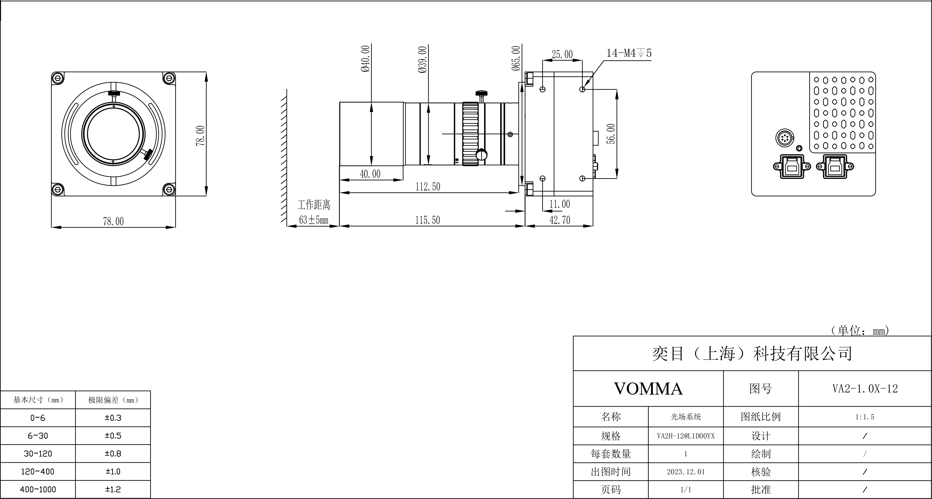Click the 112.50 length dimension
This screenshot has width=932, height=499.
click(x=428, y=187)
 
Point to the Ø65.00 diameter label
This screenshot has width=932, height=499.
click(x=516, y=58)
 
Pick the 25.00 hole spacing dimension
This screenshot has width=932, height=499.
click(x=562, y=55)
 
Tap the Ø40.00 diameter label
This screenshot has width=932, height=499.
click(x=365, y=58)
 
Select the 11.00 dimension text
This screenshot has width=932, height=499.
click(x=560, y=204)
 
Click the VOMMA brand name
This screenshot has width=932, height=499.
click(x=648, y=389)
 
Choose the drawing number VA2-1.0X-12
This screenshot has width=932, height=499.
click(x=865, y=389)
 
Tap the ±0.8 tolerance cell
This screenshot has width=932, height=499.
click(x=113, y=453)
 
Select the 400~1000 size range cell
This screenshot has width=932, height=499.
click(x=38, y=490)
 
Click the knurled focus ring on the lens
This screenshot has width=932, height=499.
click(x=470, y=134)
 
